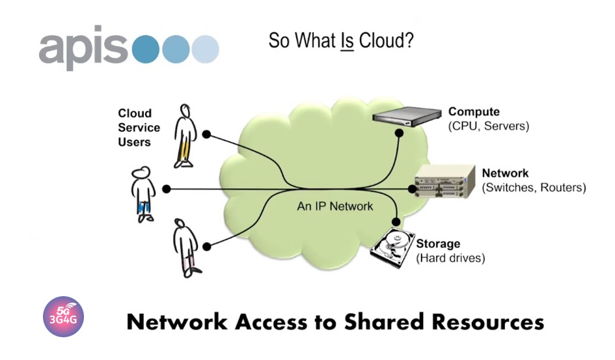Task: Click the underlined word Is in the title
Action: pyautogui.click(x=347, y=40)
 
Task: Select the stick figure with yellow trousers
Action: pyautogui.click(x=185, y=135)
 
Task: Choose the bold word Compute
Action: pyautogui.click(x=474, y=112)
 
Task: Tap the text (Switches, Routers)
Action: pyautogui.click(x=534, y=188)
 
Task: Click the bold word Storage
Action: pyautogui.click(x=438, y=244)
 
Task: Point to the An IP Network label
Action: pyautogui.click(x=335, y=206)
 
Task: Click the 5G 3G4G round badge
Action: pyautogui.click(x=63, y=317)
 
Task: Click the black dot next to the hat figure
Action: pyautogui.click(x=167, y=189)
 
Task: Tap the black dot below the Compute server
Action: pyautogui.click(x=400, y=133)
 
